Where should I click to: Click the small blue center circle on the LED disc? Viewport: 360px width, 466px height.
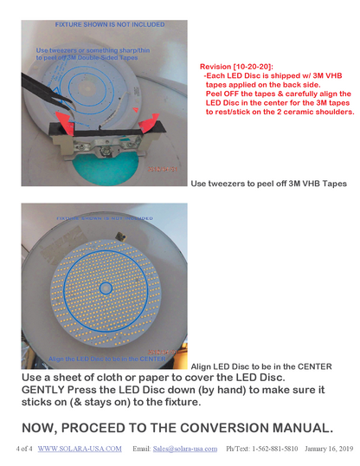[x=105, y=288]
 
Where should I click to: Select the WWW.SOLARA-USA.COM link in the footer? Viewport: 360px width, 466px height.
[x=80, y=449]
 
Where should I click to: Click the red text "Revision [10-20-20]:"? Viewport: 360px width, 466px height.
[x=236, y=66]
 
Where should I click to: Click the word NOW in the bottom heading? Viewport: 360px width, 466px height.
[x=46, y=428]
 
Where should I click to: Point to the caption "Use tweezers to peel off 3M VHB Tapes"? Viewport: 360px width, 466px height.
[x=267, y=184]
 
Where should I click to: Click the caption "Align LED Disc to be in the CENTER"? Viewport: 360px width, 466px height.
[x=260, y=366]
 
